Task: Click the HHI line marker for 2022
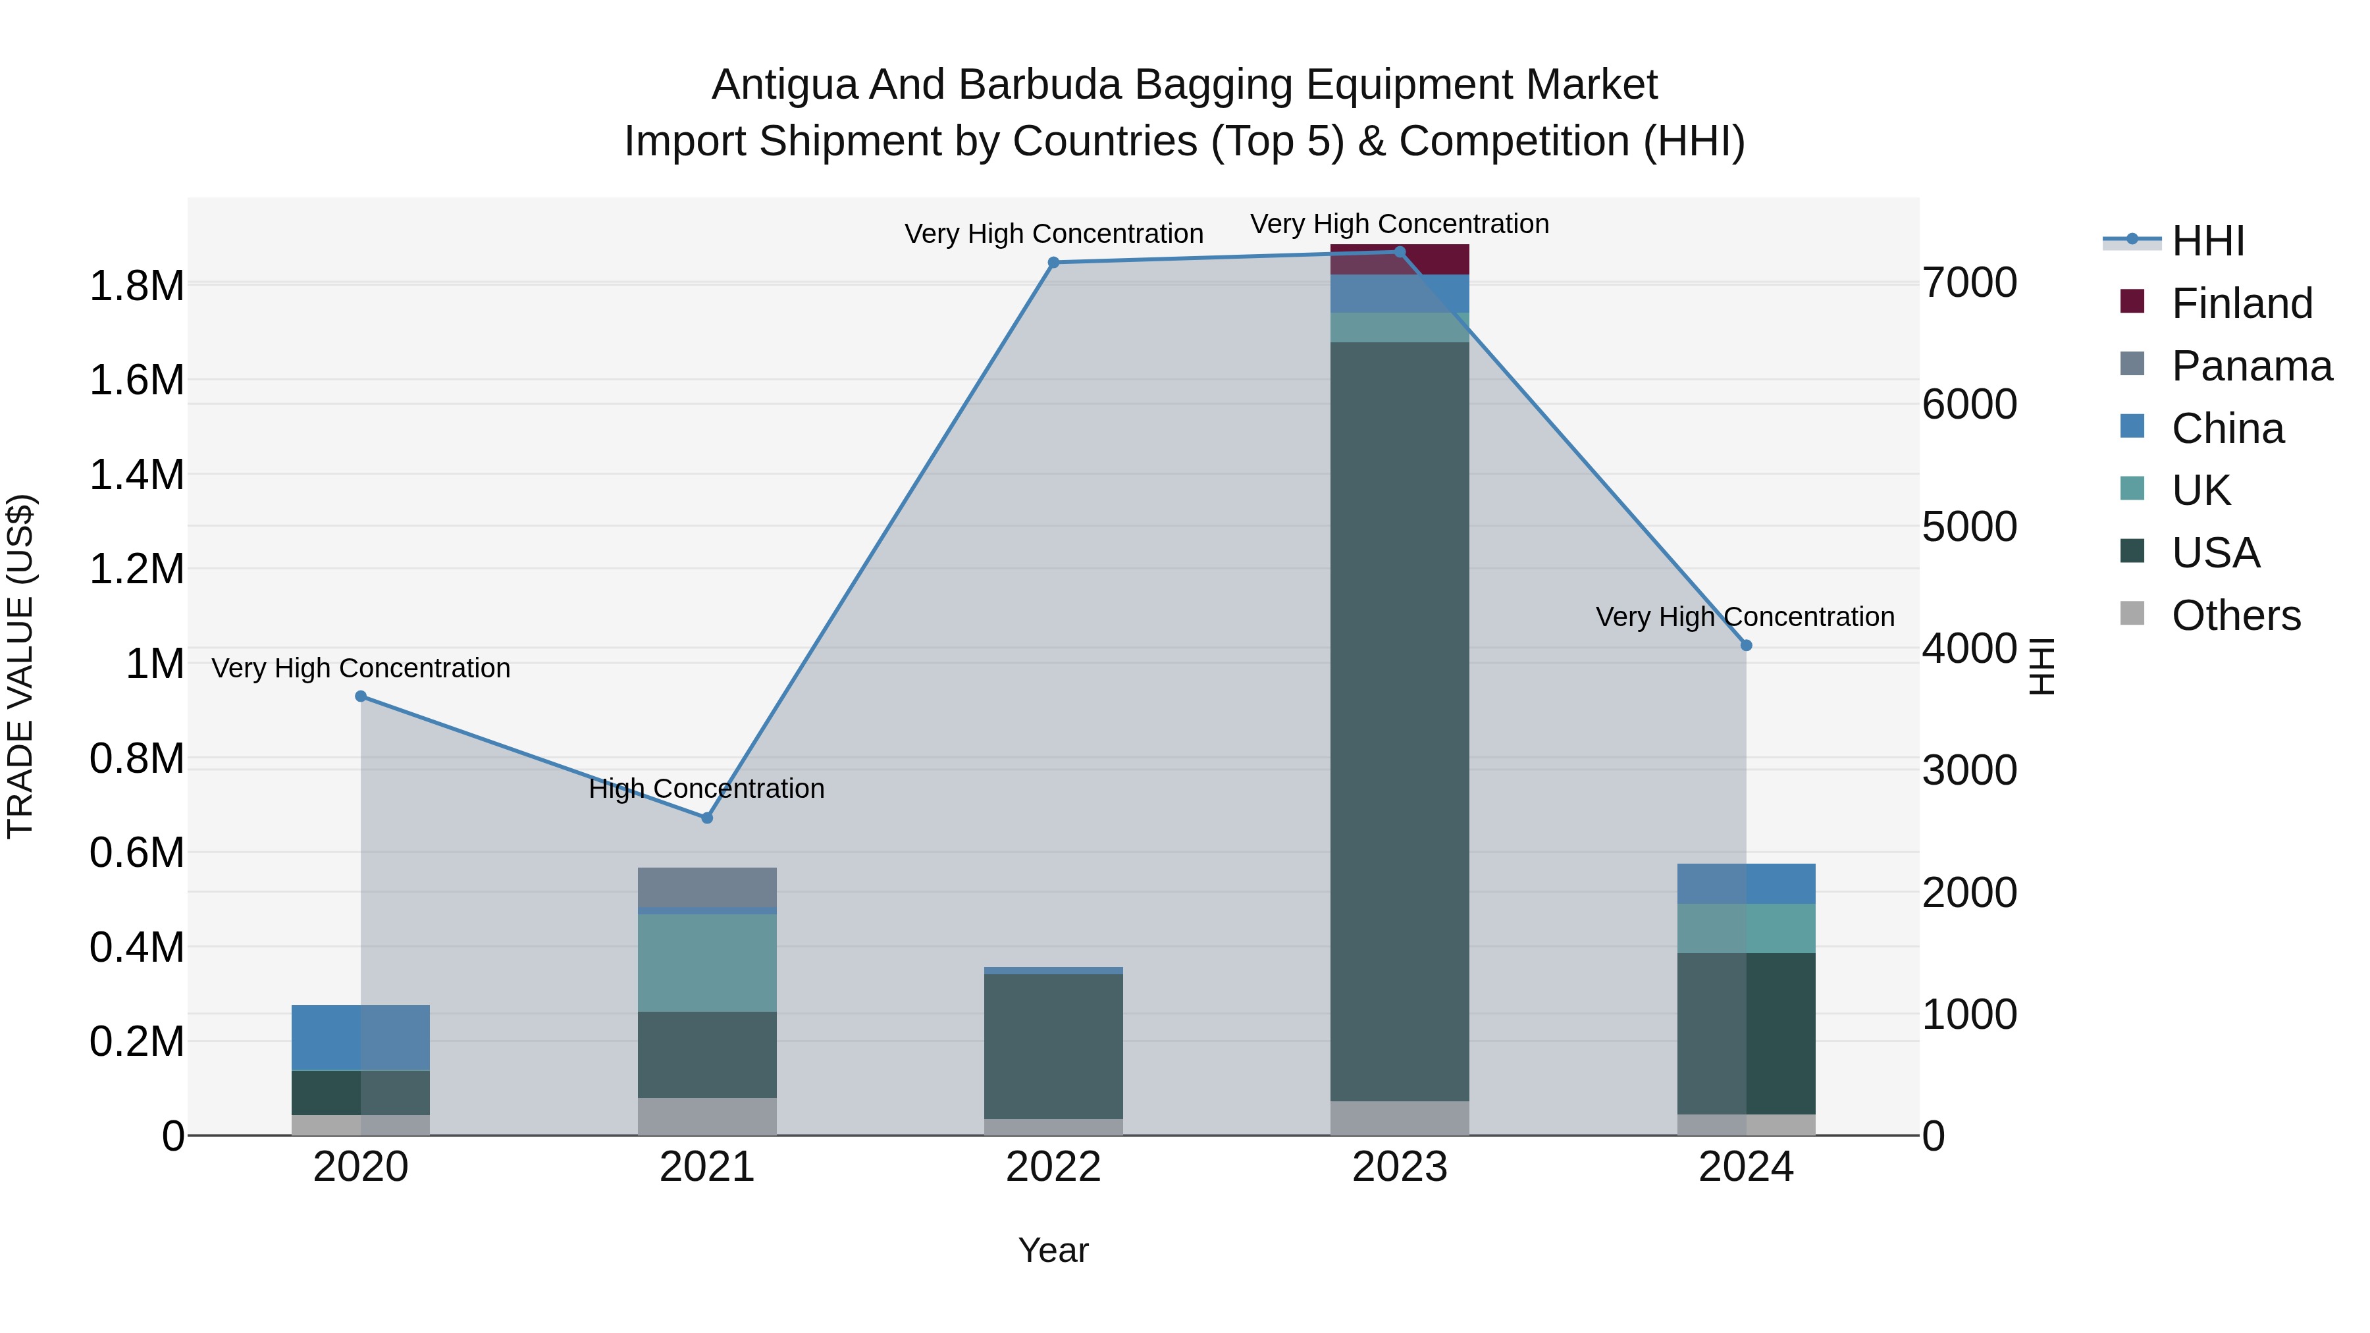pyautogui.click(x=1053, y=262)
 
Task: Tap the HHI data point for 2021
pyautogui.click(x=706, y=818)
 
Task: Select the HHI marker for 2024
pyautogui.click(x=1746, y=646)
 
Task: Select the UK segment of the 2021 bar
pyautogui.click(x=706, y=962)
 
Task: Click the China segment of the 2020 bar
pyautogui.click(x=361, y=1037)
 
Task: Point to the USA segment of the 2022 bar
pyautogui.click(x=1053, y=1046)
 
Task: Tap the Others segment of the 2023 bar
pyautogui.click(x=1400, y=1118)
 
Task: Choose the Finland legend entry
pyautogui.click(x=2241, y=303)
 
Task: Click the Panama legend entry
pyautogui.click(x=2250, y=366)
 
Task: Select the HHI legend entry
pyautogui.click(x=2207, y=241)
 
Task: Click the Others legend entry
pyautogui.click(x=2236, y=615)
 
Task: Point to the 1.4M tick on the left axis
pyautogui.click(x=136, y=476)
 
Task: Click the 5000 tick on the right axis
pyautogui.click(x=1970, y=527)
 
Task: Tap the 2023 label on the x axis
pyautogui.click(x=1400, y=1167)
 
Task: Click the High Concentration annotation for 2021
pyautogui.click(x=706, y=789)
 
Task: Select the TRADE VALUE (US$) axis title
pyautogui.click(x=20, y=666)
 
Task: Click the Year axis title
pyautogui.click(x=1053, y=1250)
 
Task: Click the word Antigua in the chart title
pyautogui.click(x=784, y=85)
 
